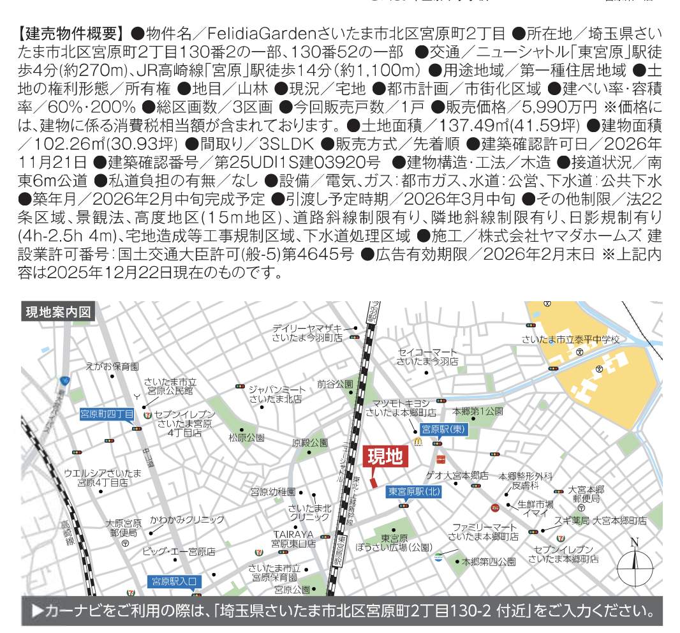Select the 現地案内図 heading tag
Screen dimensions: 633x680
tap(58, 312)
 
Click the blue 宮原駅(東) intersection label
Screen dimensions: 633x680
tap(445, 430)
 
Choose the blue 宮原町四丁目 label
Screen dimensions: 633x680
tap(107, 414)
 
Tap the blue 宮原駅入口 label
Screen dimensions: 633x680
tap(175, 581)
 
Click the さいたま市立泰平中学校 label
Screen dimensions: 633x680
tap(570, 339)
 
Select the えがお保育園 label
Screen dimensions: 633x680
tap(112, 366)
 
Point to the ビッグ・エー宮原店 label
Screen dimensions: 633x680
tap(179, 551)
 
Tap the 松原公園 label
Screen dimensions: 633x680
tap(246, 438)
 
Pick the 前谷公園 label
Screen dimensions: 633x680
tap(335, 384)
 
